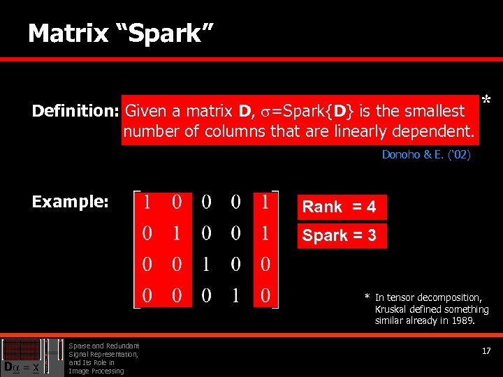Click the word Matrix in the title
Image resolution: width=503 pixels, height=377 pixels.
click(68, 33)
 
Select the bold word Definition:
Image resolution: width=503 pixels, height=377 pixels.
click(76, 112)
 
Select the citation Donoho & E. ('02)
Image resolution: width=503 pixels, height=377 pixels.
click(426, 155)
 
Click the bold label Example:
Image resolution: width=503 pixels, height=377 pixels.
click(70, 202)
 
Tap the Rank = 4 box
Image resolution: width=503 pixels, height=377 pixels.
click(340, 207)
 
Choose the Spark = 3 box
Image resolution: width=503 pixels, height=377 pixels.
click(340, 235)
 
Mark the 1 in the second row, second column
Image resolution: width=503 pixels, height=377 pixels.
click(177, 233)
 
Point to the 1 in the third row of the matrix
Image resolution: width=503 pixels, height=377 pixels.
click(207, 264)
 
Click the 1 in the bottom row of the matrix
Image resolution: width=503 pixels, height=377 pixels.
click(236, 295)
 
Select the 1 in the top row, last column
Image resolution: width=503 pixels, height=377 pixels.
click(265, 202)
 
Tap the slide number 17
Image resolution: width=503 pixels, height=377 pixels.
click(486, 351)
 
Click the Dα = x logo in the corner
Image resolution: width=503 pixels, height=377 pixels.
click(21, 365)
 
